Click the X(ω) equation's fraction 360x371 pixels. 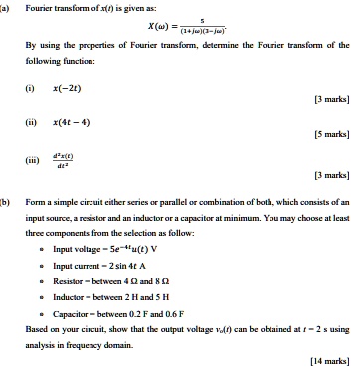[202, 31]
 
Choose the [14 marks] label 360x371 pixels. [330, 361]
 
